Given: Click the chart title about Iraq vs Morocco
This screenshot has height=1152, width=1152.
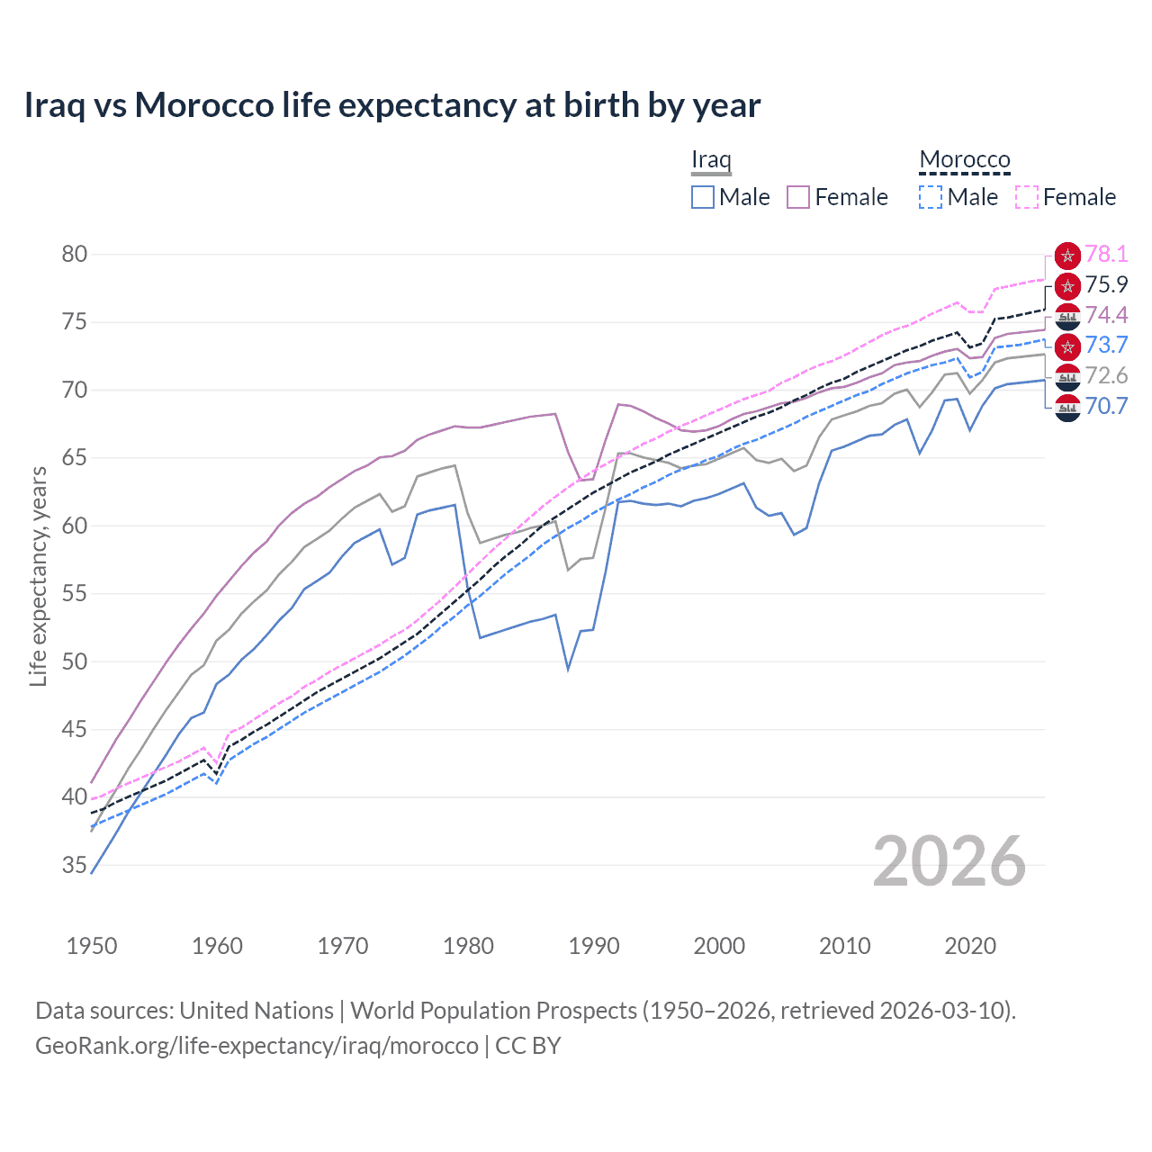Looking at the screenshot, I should pos(392,105).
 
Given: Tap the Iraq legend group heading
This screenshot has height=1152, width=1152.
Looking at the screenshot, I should pos(711,159).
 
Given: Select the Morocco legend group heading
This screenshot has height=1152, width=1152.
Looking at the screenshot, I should pos(964,159).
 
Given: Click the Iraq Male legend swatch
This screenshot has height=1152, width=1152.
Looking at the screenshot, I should pos(703,197).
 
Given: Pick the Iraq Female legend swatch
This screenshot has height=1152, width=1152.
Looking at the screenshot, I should pos(798,197).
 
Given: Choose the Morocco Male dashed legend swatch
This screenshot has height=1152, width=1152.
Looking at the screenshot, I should pos(931,197).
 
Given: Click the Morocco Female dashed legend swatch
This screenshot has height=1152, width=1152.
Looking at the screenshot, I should pos(1027,197).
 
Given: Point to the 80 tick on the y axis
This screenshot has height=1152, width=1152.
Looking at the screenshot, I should pos(75,254).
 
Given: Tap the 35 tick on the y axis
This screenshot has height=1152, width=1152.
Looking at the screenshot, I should pos(75,865).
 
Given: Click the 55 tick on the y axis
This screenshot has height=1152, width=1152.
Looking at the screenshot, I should pos(75,594).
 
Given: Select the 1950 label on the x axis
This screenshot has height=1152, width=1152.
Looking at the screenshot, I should pos(92,946).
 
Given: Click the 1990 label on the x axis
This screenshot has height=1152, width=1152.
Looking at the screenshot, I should pos(594,946).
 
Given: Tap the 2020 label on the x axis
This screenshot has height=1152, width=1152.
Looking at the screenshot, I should pos(970,946).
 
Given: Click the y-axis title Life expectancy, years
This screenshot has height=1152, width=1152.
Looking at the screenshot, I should pos(38,576).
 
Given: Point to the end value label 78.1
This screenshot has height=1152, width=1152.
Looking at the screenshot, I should pos(1106,255).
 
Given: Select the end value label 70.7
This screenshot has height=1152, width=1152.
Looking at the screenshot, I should pos(1106,406).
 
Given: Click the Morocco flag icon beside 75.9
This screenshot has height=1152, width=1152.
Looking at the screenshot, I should pos(1067,286).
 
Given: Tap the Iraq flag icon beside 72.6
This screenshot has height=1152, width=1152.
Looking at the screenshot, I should pos(1067,376).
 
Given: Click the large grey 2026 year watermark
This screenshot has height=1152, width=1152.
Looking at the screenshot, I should pos(949,861).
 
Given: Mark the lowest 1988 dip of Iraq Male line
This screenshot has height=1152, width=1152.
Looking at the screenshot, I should pos(568,670).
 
